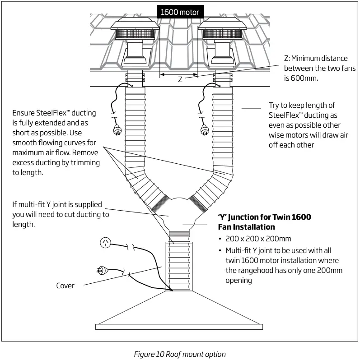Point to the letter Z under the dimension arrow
point(180,79)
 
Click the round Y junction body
point(180,214)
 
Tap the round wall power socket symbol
point(105,244)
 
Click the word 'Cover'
point(65,286)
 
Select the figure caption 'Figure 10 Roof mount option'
point(180,354)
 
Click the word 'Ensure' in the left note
point(24,113)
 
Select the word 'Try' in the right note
point(276,105)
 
